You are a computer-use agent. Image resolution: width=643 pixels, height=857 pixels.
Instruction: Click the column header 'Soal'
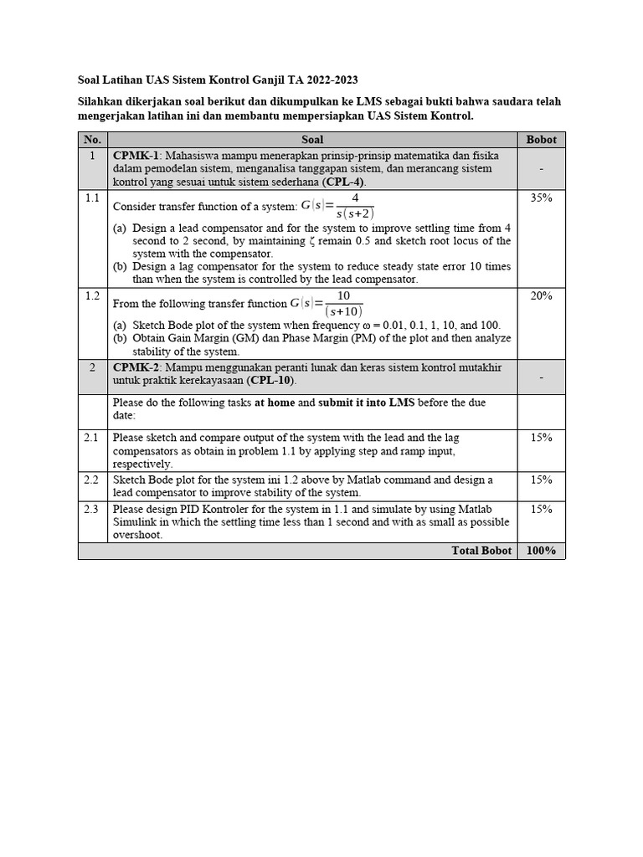(x=311, y=140)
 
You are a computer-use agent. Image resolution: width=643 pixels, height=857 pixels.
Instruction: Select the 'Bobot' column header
(x=541, y=140)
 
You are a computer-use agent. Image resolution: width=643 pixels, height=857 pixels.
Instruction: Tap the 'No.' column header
(x=92, y=140)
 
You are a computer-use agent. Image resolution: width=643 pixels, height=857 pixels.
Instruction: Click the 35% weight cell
(x=541, y=198)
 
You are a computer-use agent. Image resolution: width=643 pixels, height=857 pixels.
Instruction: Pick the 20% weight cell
(x=541, y=296)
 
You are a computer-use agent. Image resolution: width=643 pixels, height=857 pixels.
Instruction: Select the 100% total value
(x=541, y=551)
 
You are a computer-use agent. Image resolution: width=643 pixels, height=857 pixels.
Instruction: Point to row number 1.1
(x=92, y=198)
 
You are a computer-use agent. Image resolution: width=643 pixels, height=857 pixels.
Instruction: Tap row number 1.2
(x=92, y=296)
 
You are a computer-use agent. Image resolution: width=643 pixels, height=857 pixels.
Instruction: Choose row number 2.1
(x=92, y=438)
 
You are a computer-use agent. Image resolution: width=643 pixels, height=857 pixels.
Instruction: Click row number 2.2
(x=92, y=480)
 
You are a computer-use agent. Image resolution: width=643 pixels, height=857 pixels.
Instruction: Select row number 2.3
(x=92, y=509)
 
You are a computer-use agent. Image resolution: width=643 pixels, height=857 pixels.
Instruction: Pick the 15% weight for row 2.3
(x=541, y=509)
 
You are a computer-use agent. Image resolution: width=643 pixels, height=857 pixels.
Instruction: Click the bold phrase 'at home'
(x=275, y=403)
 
